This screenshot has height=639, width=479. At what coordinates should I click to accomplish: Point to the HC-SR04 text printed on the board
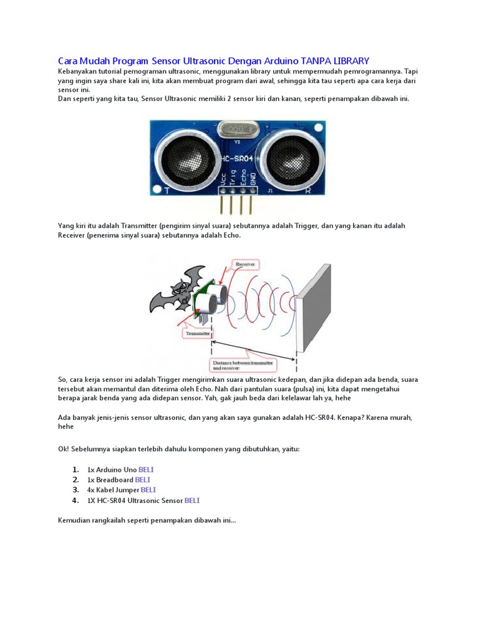(x=237, y=160)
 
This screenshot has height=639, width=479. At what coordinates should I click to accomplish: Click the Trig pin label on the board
(x=233, y=179)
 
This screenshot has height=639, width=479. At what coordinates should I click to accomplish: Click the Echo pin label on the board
(x=243, y=179)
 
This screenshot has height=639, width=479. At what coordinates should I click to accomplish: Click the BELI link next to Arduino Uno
(x=146, y=469)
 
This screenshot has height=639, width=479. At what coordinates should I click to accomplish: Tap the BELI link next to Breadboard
(x=143, y=480)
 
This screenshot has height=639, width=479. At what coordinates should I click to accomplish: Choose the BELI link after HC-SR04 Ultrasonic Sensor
(x=192, y=500)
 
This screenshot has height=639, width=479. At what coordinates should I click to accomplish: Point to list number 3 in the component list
(x=75, y=490)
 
